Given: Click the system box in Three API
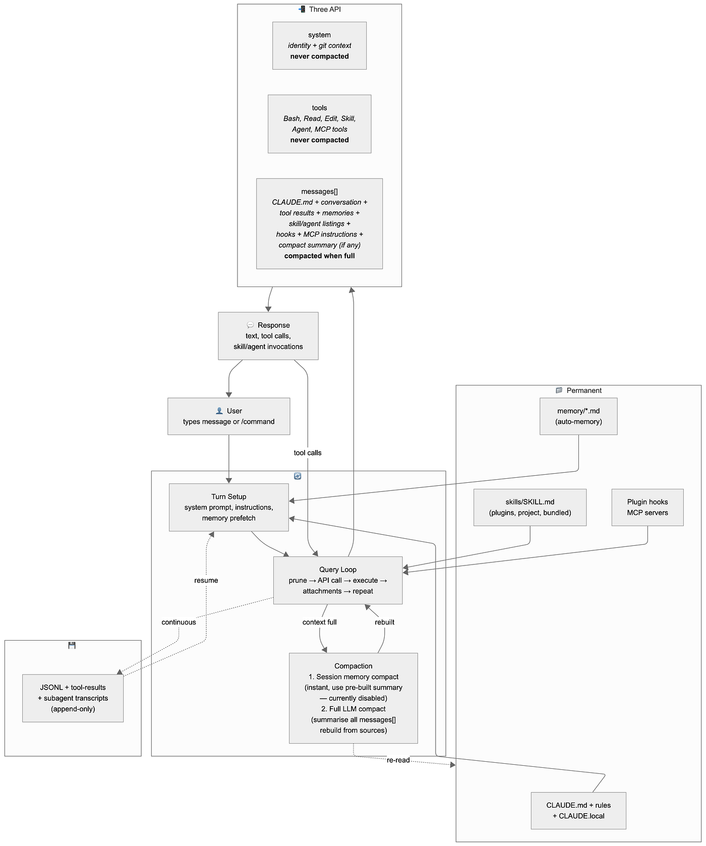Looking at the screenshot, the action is click(x=319, y=45).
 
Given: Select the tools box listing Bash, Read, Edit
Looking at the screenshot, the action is click(x=319, y=124).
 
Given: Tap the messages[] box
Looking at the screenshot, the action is click(x=319, y=223).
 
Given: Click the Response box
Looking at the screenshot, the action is click(x=268, y=336).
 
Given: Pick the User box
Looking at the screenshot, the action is click(x=228, y=416).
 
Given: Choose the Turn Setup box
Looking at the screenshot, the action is click(x=228, y=507).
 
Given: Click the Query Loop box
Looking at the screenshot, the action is click(x=338, y=580).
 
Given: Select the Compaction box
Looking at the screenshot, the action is click(x=353, y=698).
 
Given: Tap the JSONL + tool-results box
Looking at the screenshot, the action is click(x=73, y=698).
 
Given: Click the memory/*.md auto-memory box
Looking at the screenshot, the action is click(x=578, y=416).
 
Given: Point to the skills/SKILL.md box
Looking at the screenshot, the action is click(x=530, y=507).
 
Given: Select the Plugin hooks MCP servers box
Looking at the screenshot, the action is click(x=648, y=507).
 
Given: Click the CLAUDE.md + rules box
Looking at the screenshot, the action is click(x=578, y=810).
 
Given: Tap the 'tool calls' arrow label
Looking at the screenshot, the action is click(x=308, y=453).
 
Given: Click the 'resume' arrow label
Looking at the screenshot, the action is click(x=206, y=580).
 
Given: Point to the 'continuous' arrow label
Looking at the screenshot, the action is click(x=179, y=622).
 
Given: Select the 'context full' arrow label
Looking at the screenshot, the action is click(x=320, y=622).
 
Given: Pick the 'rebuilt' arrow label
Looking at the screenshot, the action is click(x=385, y=622).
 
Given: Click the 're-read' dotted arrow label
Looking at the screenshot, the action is click(x=398, y=760).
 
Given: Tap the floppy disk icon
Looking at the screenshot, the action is click(x=72, y=645).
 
